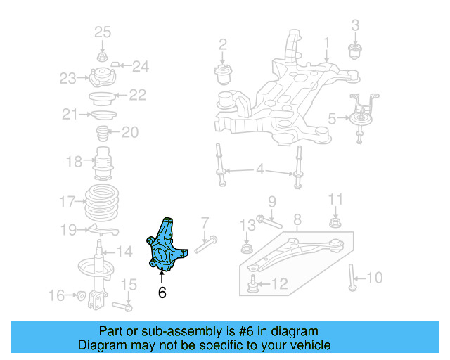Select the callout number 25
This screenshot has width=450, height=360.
103,32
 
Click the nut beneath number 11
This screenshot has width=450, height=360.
335,224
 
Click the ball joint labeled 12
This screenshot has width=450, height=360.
253,285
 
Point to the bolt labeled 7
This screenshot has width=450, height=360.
207,245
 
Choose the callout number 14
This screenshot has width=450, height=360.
124,252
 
